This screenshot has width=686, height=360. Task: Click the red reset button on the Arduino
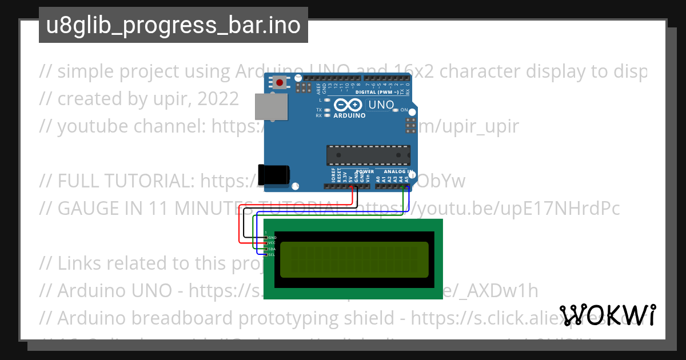(x=280, y=83)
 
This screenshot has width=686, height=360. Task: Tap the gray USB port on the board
(x=271, y=107)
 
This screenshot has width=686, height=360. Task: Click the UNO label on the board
(x=381, y=105)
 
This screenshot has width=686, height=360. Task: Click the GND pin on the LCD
(x=266, y=237)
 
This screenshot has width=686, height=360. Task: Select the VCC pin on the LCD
(x=266, y=243)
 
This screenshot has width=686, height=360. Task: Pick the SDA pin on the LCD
(x=266, y=249)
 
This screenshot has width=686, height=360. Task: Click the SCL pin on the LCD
(x=266, y=255)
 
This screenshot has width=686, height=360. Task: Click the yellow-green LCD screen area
(x=354, y=259)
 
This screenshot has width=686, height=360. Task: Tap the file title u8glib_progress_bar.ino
(x=173, y=26)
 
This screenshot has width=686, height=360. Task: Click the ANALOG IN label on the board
(x=398, y=171)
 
